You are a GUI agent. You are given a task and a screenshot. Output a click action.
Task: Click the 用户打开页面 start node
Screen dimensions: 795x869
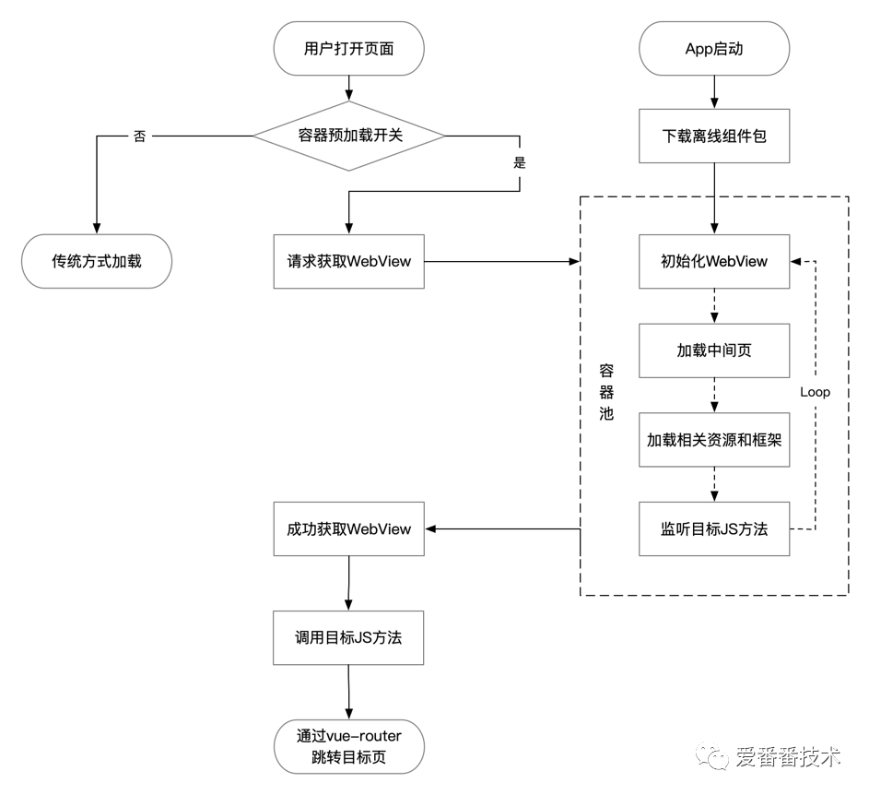[348, 49]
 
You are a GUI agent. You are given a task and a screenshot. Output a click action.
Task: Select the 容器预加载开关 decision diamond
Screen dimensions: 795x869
[348, 135]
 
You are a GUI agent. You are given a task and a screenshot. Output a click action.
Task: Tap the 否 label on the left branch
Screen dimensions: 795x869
[139, 136]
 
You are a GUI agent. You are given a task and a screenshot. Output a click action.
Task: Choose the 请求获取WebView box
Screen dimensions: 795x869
[348, 261]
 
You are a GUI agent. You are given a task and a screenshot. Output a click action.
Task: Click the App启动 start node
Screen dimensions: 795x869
[714, 49]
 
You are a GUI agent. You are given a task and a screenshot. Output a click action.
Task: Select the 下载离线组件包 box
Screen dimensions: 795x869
[714, 135]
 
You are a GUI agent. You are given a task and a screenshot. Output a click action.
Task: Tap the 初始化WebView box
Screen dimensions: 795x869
[714, 261]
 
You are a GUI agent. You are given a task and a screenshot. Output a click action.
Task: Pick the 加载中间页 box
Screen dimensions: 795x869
[714, 350]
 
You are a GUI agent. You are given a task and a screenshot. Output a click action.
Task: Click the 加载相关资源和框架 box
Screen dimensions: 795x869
[714, 440]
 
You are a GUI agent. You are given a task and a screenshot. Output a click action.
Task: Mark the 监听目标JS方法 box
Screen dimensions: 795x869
[714, 529]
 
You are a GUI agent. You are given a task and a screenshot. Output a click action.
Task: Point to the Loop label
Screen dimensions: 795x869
[815, 392]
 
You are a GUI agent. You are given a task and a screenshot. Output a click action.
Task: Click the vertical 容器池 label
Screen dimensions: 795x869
[605, 392]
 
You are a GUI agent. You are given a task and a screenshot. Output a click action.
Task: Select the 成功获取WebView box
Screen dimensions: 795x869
[348, 529]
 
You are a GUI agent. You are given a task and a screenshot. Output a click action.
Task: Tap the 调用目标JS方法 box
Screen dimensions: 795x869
[348, 637]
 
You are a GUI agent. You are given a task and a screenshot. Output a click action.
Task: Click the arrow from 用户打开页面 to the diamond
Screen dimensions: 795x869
[348, 87]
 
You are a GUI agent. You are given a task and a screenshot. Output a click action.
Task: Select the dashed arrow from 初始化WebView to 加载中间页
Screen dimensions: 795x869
[714, 304]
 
